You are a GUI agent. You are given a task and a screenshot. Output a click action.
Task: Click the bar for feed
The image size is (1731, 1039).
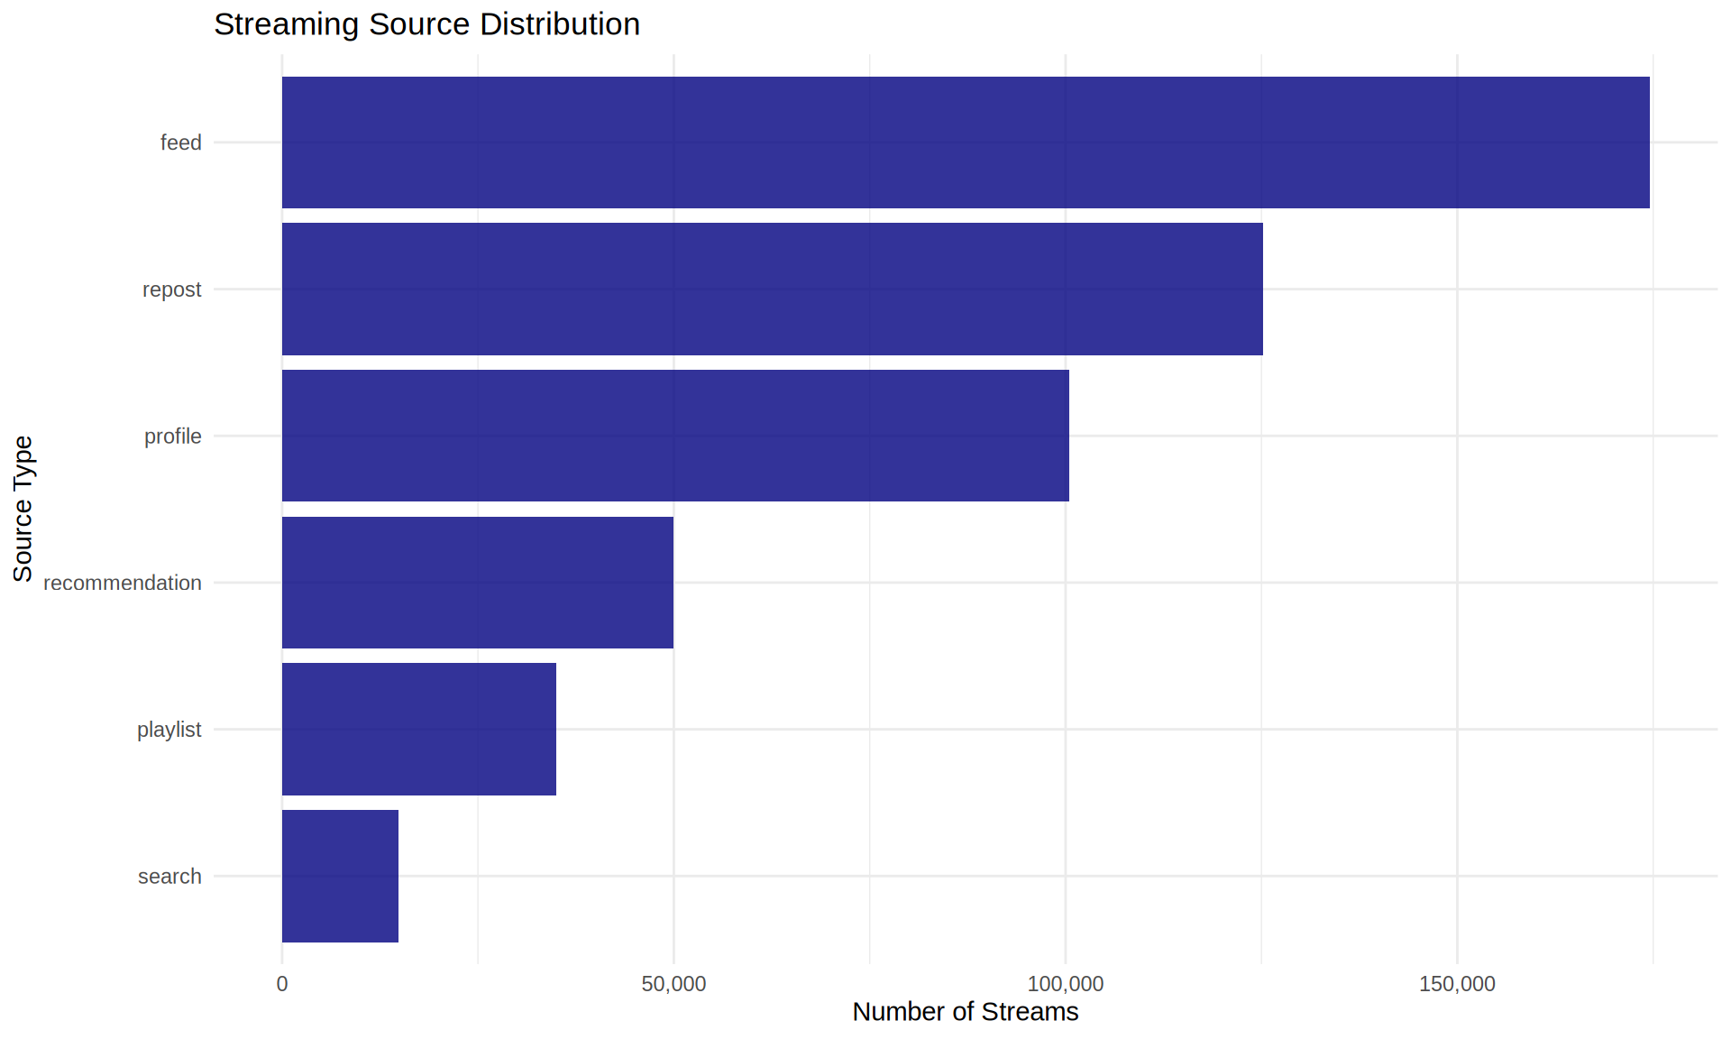pos(965,143)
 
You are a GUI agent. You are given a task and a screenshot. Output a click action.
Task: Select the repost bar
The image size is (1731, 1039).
pos(772,289)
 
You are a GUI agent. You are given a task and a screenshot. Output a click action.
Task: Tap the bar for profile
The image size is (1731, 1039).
pos(675,436)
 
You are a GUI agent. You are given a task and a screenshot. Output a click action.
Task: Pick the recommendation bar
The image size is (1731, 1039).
pos(478,583)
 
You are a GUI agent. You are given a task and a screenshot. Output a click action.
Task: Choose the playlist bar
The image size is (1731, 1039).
pos(419,729)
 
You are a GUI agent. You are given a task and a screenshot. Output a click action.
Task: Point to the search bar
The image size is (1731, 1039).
pos(340,876)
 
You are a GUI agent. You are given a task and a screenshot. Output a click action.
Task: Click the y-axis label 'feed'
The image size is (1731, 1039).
pos(180,143)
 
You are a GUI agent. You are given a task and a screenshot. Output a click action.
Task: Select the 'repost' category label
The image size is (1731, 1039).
pos(171,290)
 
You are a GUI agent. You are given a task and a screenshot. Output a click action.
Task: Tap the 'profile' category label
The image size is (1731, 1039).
pos(172,437)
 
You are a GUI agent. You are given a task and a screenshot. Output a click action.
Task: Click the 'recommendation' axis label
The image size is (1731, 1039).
pos(122,584)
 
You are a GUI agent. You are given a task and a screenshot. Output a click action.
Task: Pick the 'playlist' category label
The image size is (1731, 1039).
pos(169,730)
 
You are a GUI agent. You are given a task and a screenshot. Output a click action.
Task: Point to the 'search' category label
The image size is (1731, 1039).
pos(169,877)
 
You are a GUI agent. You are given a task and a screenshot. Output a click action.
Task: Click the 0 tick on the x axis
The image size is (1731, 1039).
pos(282,984)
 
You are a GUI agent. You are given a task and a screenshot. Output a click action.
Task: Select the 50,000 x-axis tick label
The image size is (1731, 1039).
pos(673,984)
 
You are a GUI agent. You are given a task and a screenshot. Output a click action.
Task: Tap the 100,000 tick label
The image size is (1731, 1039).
pos(1066,984)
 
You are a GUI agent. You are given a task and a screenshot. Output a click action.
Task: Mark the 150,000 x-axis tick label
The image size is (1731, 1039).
pos(1457,984)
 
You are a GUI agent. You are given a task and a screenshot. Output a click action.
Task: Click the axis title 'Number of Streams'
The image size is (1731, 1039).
pos(965,1012)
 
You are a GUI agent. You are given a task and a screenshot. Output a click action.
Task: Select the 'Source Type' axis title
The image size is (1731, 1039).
pos(23,509)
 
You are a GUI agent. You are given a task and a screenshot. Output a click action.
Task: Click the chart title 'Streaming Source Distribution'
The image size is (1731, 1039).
pos(426,24)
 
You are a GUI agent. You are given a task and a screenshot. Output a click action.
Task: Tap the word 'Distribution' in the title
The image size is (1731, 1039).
pos(560,24)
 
